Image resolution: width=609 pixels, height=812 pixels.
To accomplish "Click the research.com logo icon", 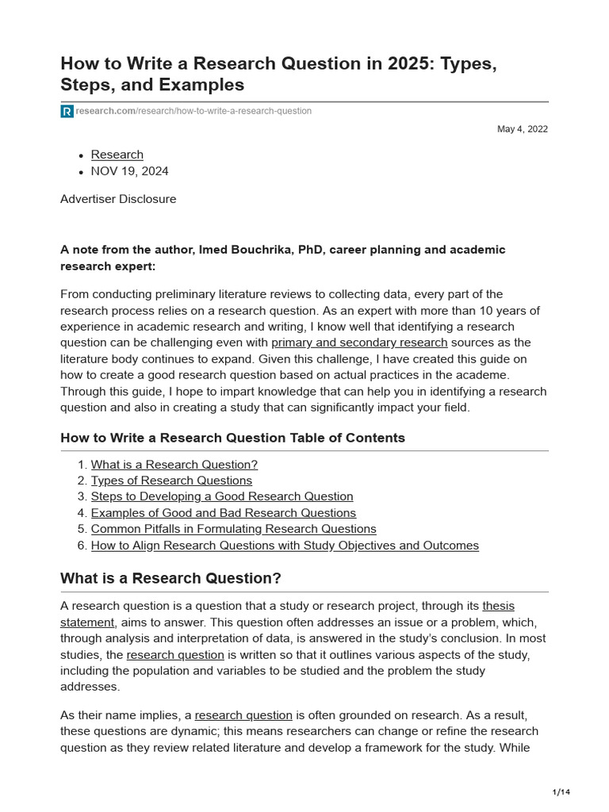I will (67, 112).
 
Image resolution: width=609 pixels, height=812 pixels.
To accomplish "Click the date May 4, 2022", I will (523, 129).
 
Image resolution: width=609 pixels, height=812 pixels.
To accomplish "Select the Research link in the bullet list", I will (117, 155).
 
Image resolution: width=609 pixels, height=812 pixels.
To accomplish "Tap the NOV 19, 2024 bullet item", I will (129, 171).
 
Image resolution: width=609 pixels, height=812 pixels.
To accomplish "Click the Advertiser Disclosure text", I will (118, 199).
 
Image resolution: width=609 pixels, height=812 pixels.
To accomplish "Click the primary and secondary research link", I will (359, 343).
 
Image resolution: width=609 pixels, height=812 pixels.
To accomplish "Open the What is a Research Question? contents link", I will (174, 465).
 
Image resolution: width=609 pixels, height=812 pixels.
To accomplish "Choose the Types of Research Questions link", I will (171, 481).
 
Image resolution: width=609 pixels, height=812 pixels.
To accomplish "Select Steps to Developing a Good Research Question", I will (222, 496).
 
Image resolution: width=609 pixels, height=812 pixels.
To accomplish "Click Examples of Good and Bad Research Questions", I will (224, 513).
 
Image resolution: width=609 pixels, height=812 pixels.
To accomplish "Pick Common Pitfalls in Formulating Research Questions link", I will (233, 529).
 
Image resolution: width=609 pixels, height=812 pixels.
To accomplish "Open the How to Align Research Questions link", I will (285, 546).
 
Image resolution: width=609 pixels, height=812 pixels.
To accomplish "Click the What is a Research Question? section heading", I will (170, 578).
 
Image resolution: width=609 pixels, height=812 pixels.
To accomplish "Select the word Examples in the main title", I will (203, 84).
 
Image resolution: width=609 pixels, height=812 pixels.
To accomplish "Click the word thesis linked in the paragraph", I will (498, 607).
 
